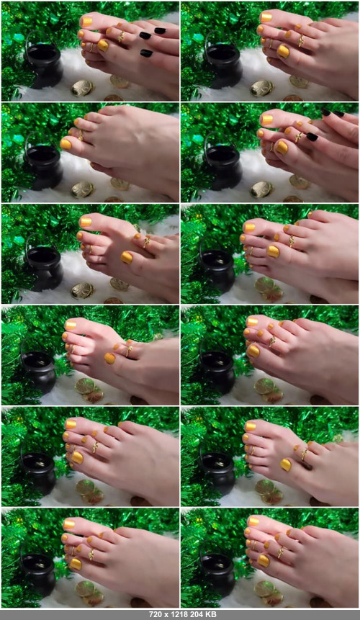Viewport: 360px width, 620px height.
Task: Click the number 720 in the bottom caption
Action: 156,614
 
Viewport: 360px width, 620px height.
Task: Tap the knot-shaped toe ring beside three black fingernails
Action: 121,37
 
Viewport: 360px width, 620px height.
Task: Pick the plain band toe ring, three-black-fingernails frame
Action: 91,47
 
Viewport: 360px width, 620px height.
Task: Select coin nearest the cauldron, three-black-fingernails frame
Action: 82,88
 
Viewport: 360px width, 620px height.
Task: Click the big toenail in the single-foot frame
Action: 66,144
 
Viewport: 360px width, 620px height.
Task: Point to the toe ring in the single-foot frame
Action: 81,135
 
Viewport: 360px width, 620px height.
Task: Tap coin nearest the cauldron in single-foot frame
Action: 82,190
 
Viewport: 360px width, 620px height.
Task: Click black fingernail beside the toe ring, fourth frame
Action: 312,136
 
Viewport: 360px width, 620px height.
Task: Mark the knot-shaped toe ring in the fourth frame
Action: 299,137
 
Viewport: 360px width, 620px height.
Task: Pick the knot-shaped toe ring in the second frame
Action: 301,40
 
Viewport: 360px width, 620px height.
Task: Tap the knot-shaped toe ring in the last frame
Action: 281,552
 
